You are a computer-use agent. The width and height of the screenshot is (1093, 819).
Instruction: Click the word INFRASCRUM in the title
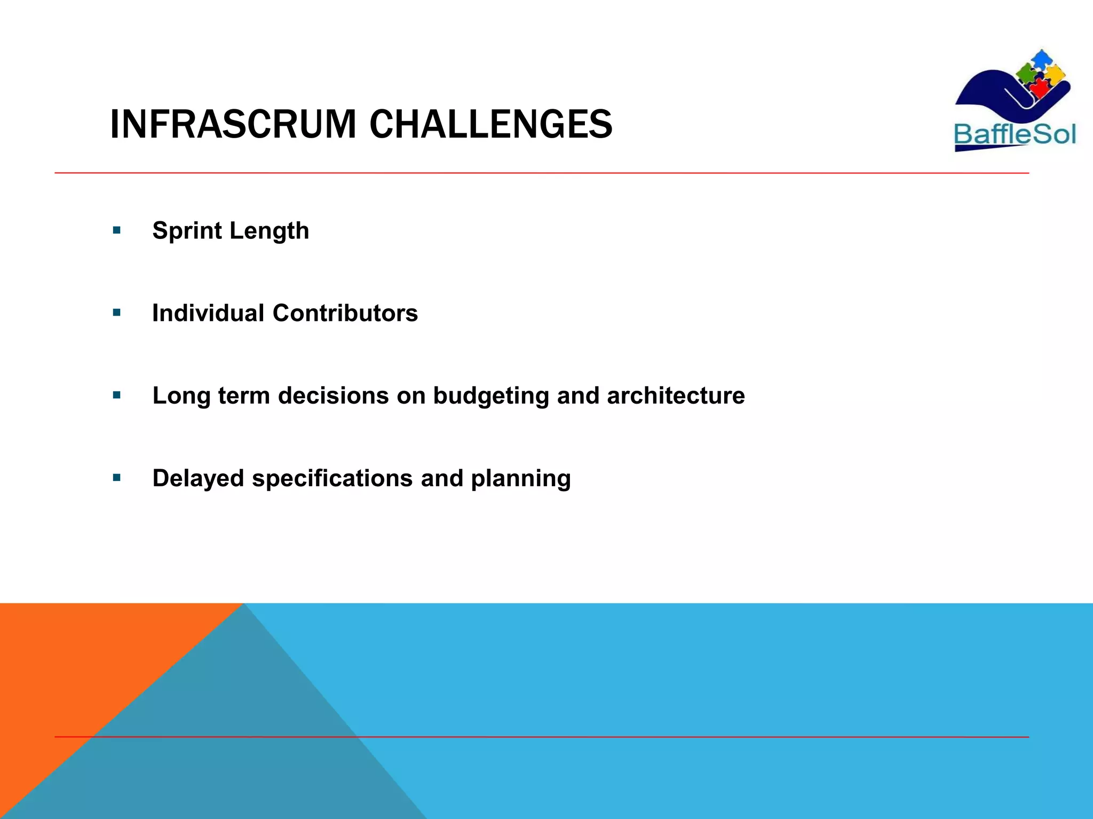[233, 124]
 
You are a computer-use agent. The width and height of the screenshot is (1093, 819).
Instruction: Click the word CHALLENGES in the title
[490, 124]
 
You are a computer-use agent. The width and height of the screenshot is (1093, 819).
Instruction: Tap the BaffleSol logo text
[1015, 134]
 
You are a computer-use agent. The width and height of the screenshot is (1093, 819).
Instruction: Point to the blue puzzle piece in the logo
[1040, 59]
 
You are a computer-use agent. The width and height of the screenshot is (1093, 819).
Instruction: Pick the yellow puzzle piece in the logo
[1055, 74]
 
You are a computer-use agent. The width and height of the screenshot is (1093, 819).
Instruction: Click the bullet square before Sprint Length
[117, 231]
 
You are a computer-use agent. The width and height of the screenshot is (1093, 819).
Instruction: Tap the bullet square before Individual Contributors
[117, 313]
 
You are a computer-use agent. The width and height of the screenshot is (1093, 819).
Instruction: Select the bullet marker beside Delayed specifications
[117, 478]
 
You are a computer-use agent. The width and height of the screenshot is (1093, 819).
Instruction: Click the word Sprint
[187, 231]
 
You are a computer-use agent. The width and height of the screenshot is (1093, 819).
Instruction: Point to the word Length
[269, 231]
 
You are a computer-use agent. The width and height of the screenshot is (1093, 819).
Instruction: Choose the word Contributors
[345, 313]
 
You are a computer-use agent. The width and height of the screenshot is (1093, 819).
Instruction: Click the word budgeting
[490, 396]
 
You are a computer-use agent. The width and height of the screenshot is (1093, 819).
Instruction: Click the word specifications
[332, 478]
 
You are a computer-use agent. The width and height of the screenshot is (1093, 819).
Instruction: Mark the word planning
[520, 478]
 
